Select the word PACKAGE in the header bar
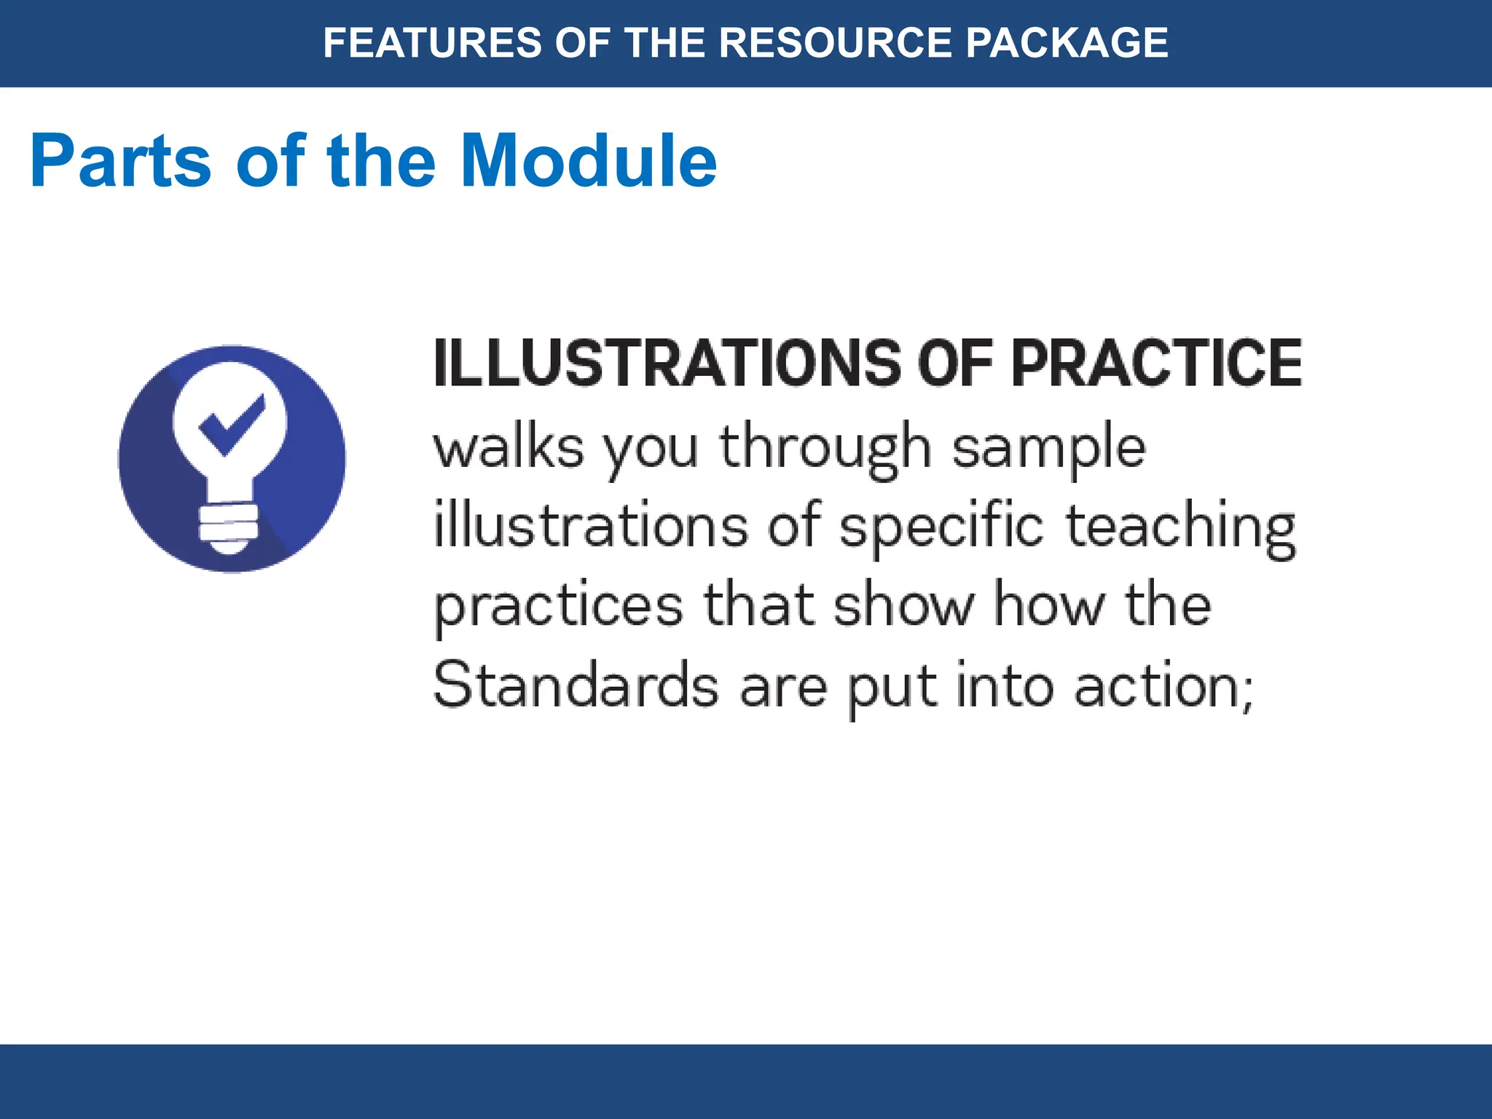pos(1067,42)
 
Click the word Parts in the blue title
pos(121,161)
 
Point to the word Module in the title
pos(589,161)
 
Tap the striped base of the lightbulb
pos(229,525)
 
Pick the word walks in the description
pos(509,447)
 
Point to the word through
pos(825,449)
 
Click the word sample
pos(1049,449)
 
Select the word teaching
pos(1180,527)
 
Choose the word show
pos(903,605)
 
